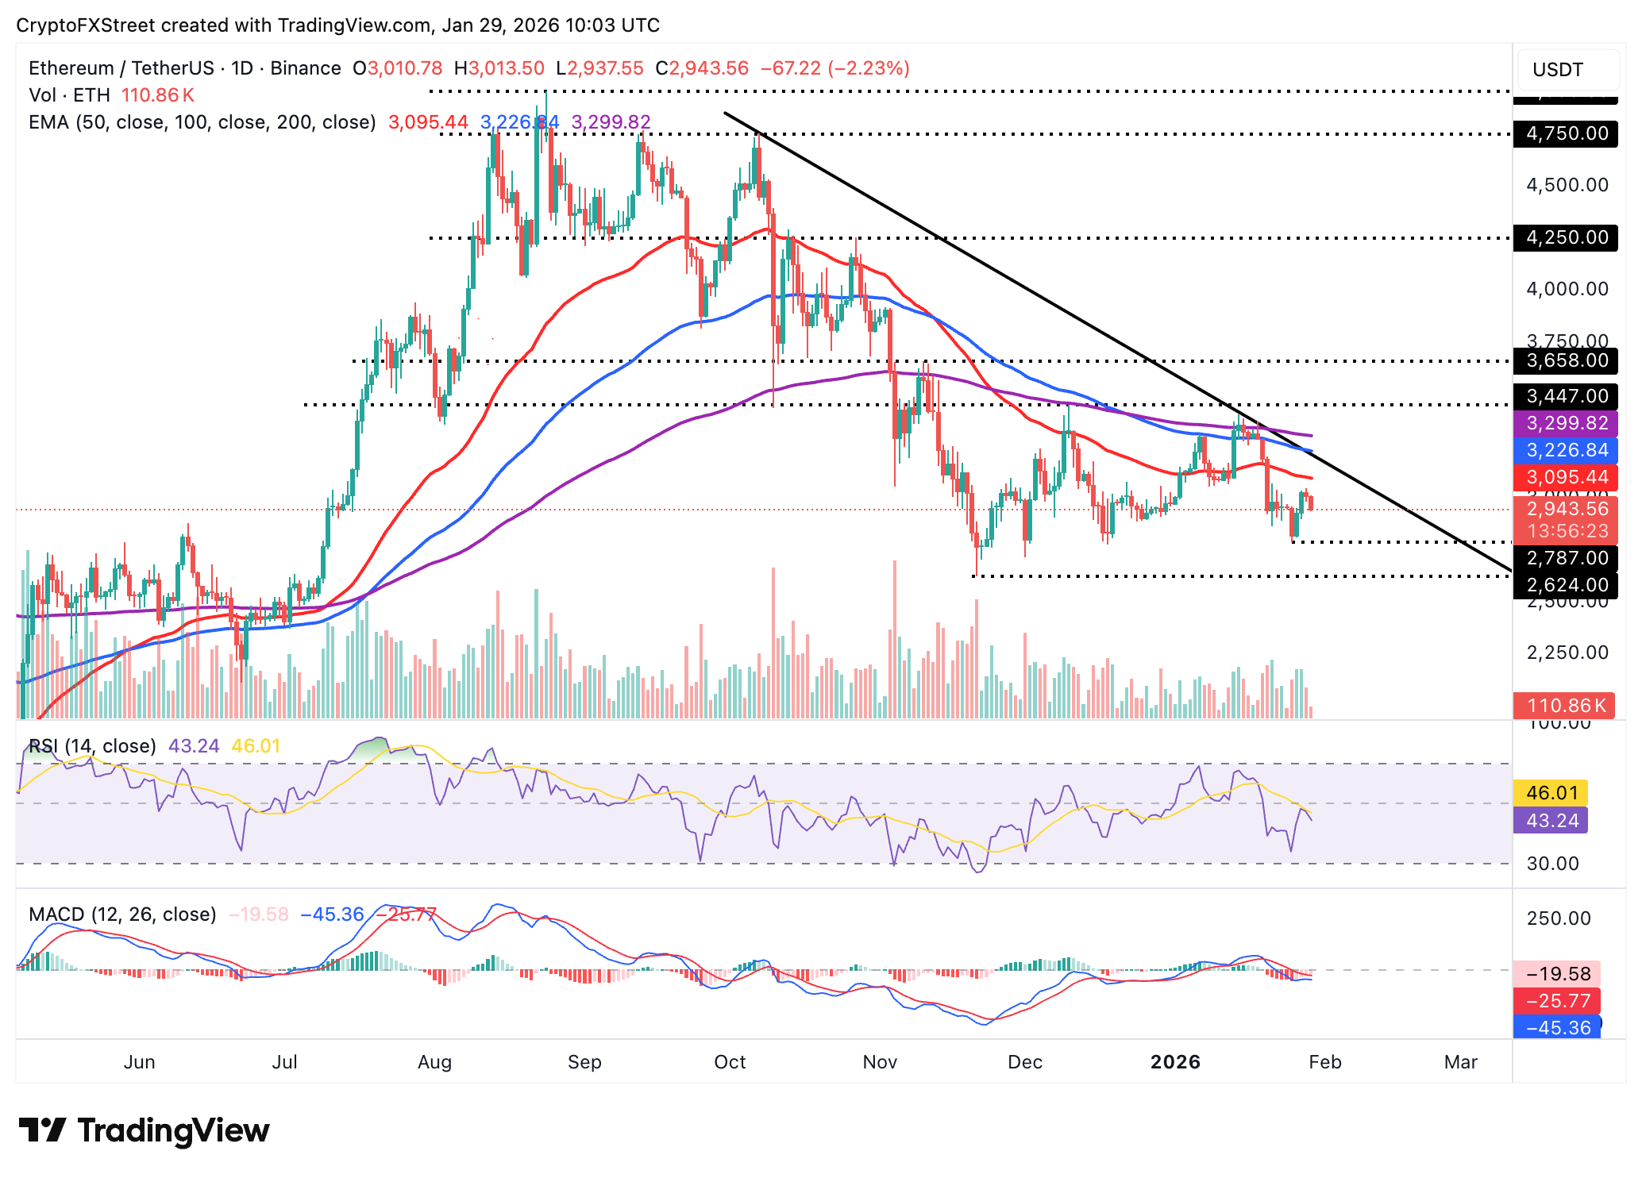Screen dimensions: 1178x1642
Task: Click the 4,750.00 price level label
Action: click(x=1566, y=133)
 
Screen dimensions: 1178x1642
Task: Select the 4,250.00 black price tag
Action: click(x=1566, y=237)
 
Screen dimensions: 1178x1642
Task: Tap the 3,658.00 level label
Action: click(x=1566, y=360)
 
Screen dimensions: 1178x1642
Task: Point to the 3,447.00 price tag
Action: click(x=1566, y=396)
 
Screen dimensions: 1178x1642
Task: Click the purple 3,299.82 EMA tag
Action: click(x=1566, y=423)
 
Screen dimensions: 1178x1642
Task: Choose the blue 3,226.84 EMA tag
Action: click(x=1566, y=450)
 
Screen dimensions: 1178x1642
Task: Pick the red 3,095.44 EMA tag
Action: click(x=1566, y=477)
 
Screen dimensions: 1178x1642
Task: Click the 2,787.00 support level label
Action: click(x=1566, y=558)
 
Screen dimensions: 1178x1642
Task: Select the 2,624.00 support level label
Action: click(x=1566, y=585)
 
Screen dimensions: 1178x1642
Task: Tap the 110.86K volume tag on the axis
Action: click(x=1564, y=705)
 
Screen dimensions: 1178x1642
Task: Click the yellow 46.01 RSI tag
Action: click(x=1551, y=793)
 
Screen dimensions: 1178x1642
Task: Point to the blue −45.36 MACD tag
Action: click(x=1557, y=1028)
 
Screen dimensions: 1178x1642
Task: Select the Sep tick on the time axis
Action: click(x=584, y=1062)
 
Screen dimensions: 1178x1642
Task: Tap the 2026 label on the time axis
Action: click(x=1175, y=1062)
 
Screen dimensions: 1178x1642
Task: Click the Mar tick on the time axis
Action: click(x=1460, y=1062)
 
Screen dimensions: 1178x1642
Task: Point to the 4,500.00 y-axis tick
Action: click(x=1567, y=185)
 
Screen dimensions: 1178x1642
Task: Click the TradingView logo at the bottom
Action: click(x=145, y=1130)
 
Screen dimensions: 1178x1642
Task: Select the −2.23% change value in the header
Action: click(x=869, y=68)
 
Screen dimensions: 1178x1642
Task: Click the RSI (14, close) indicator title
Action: click(x=92, y=746)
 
